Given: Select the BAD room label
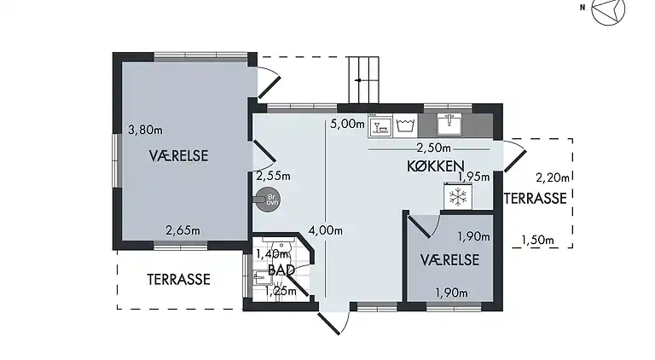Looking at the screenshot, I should tap(281, 270).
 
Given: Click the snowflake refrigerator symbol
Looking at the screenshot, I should tap(459, 197).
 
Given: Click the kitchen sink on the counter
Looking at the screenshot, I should tap(449, 125).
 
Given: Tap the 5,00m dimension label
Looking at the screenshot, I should tap(346, 123).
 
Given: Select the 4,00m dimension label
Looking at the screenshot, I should tap(326, 229).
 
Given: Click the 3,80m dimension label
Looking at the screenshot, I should tap(145, 131).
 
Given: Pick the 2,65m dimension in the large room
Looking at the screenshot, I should tap(183, 230).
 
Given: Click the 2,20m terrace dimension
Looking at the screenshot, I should tap(551, 177).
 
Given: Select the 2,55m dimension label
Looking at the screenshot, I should tap(273, 177).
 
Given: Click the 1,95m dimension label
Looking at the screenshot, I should tap(474, 177).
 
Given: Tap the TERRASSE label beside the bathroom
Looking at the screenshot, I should tap(178, 279).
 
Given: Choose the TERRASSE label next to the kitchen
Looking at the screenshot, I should tap(535, 199).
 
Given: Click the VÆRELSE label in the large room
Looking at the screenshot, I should tap(179, 155).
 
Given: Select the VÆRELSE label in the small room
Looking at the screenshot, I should tap(449, 260).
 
